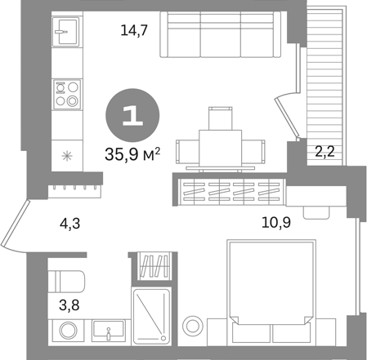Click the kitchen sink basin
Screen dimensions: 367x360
click(x=67, y=31)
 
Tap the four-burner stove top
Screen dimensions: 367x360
click(x=67, y=94)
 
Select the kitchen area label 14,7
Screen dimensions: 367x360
click(x=134, y=30)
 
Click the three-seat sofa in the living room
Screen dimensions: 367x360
click(x=221, y=34)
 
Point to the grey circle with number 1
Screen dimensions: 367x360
click(x=132, y=115)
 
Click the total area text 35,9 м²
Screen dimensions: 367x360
click(x=132, y=154)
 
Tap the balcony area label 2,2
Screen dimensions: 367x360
click(x=324, y=152)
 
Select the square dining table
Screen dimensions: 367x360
click(x=220, y=148)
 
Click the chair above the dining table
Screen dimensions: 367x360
click(x=221, y=118)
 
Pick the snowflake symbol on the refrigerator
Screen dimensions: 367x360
click(x=67, y=156)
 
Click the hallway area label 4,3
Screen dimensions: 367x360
click(x=69, y=224)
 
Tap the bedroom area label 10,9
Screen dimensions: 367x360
click(x=276, y=222)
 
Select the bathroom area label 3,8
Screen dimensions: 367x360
click(x=69, y=304)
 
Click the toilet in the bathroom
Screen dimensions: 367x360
click(x=66, y=282)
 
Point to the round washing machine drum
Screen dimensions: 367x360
click(x=68, y=331)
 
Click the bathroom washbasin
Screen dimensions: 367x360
click(x=109, y=331)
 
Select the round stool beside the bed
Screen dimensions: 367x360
click(x=193, y=326)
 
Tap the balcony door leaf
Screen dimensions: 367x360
click(x=288, y=118)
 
